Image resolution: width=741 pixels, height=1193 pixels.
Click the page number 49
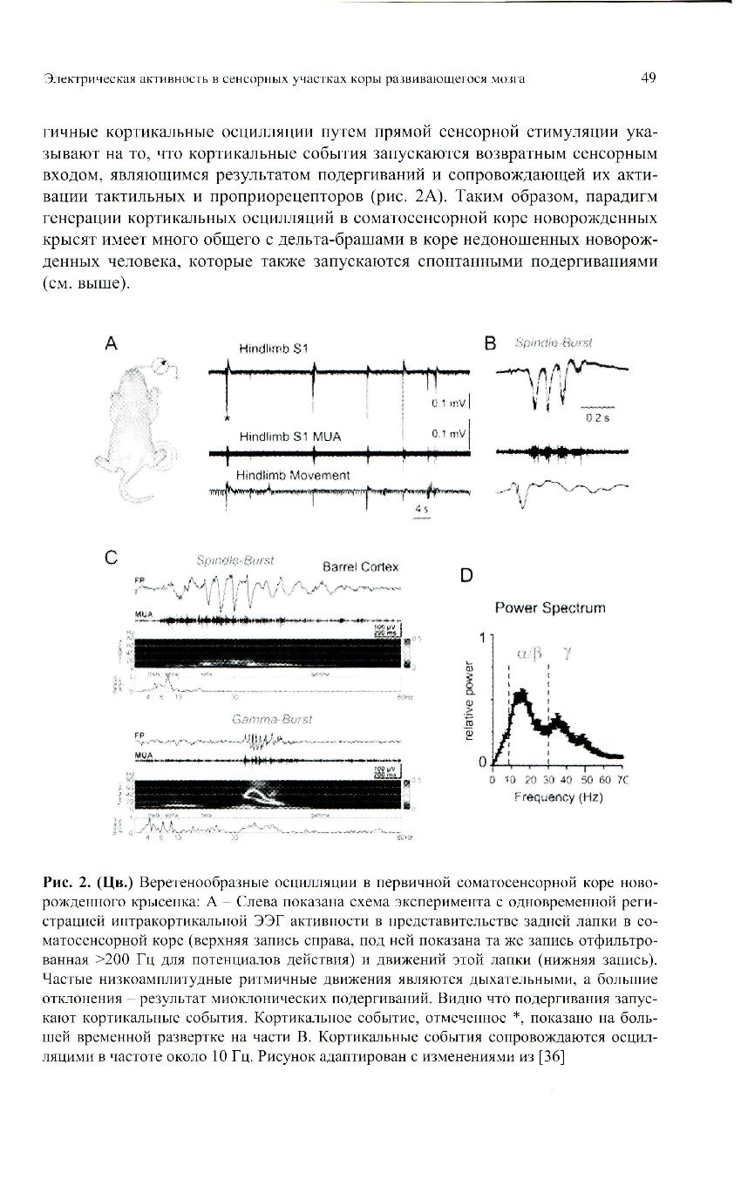coord(648,78)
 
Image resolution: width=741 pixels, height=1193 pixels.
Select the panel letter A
coord(111,344)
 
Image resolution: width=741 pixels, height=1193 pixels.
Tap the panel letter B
coord(489,344)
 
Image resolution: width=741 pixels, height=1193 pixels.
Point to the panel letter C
coord(110,559)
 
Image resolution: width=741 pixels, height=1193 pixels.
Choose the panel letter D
coord(467,575)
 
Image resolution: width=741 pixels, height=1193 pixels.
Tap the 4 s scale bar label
coord(421,507)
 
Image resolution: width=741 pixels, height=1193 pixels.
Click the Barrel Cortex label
coord(360,566)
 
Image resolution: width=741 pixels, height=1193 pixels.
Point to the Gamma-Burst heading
coord(271,719)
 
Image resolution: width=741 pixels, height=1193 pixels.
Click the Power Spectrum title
coord(550,607)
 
